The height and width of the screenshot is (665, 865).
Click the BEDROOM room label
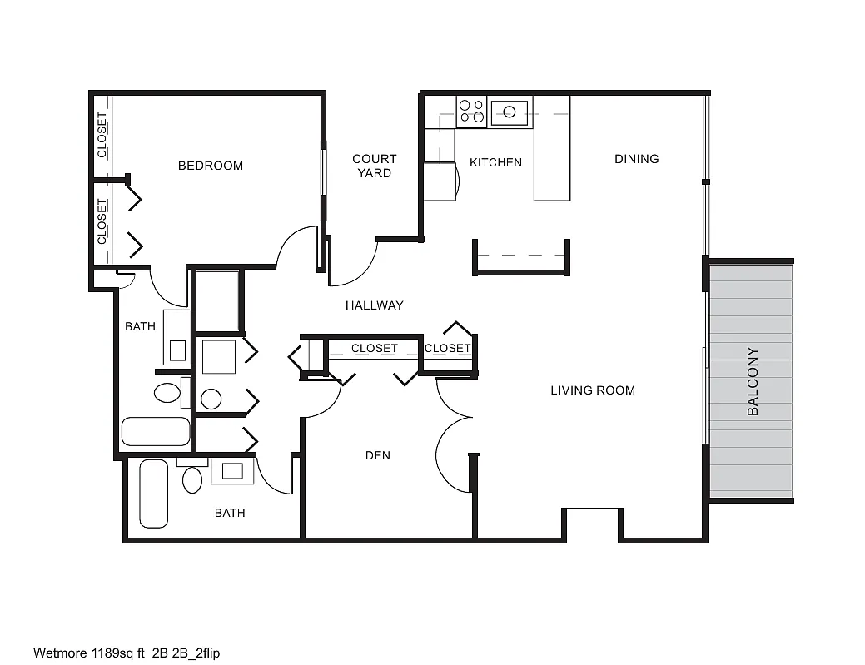(x=210, y=166)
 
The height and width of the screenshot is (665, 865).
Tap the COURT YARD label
(x=375, y=166)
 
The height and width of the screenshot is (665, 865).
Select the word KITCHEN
(x=495, y=162)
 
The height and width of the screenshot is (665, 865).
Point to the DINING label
(x=637, y=159)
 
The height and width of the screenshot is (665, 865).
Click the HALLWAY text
(x=375, y=305)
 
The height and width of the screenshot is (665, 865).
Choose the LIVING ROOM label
(x=593, y=390)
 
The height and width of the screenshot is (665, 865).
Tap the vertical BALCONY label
(x=753, y=381)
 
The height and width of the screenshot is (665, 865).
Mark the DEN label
(x=378, y=455)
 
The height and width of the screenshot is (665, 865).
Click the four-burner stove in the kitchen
(x=472, y=111)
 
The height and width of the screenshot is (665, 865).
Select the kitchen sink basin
(x=510, y=112)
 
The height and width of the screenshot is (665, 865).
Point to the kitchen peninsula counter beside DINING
(x=552, y=148)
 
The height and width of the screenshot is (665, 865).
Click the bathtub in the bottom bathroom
(x=154, y=494)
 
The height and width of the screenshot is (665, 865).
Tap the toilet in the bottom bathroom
(x=192, y=479)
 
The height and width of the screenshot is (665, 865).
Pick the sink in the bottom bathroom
(x=232, y=471)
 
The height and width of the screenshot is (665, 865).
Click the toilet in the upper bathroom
(x=167, y=393)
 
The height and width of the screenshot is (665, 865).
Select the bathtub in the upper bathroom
(x=156, y=431)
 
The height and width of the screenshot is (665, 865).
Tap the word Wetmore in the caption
(x=60, y=653)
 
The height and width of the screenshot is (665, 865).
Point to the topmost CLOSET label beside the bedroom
(x=102, y=135)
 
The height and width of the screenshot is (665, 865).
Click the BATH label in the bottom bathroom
(x=230, y=513)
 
